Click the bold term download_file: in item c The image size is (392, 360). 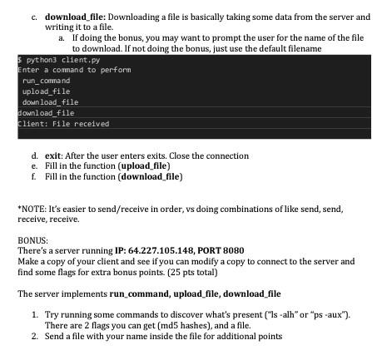point(76,17)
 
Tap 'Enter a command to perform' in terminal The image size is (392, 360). point(62,70)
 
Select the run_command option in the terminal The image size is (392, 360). point(47,81)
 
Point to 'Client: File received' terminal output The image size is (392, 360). point(63,123)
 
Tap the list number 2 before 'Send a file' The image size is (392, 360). point(34,336)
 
